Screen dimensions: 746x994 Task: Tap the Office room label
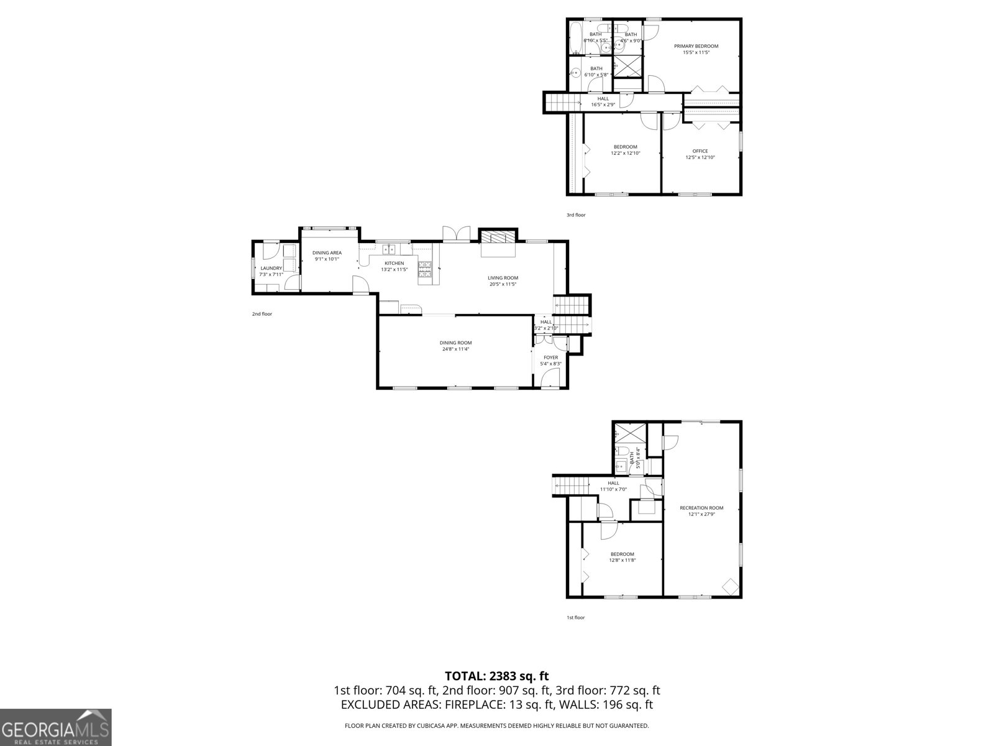click(x=700, y=151)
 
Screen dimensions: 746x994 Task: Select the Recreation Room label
click(x=701, y=508)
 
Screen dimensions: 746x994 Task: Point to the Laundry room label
click(x=271, y=268)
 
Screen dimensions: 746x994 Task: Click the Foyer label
click(x=550, y=357)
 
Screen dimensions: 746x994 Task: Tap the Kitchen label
click(x=394, y=263)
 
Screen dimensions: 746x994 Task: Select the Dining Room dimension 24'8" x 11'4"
click(x=455, y=349)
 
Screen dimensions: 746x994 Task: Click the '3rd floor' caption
click(x=575, y=215)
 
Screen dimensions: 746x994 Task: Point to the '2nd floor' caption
click(x=262, y=314)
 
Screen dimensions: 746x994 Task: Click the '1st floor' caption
click(x=575, y=617)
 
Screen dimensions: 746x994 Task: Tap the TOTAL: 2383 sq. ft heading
click(x=496, y=676)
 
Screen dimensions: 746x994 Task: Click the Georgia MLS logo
click(x=55, y=726)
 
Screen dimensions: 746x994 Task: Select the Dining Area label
click(x=327, y=252)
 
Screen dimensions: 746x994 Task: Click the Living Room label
click(x=503, y=278)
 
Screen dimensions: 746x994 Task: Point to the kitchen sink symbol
click(x=390, y=249)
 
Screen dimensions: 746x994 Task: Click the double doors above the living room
click(x=456, y=234)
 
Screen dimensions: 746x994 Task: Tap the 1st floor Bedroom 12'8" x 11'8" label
click(x=622, y=554)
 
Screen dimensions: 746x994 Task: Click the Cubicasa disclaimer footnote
click(x=496, y=725)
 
